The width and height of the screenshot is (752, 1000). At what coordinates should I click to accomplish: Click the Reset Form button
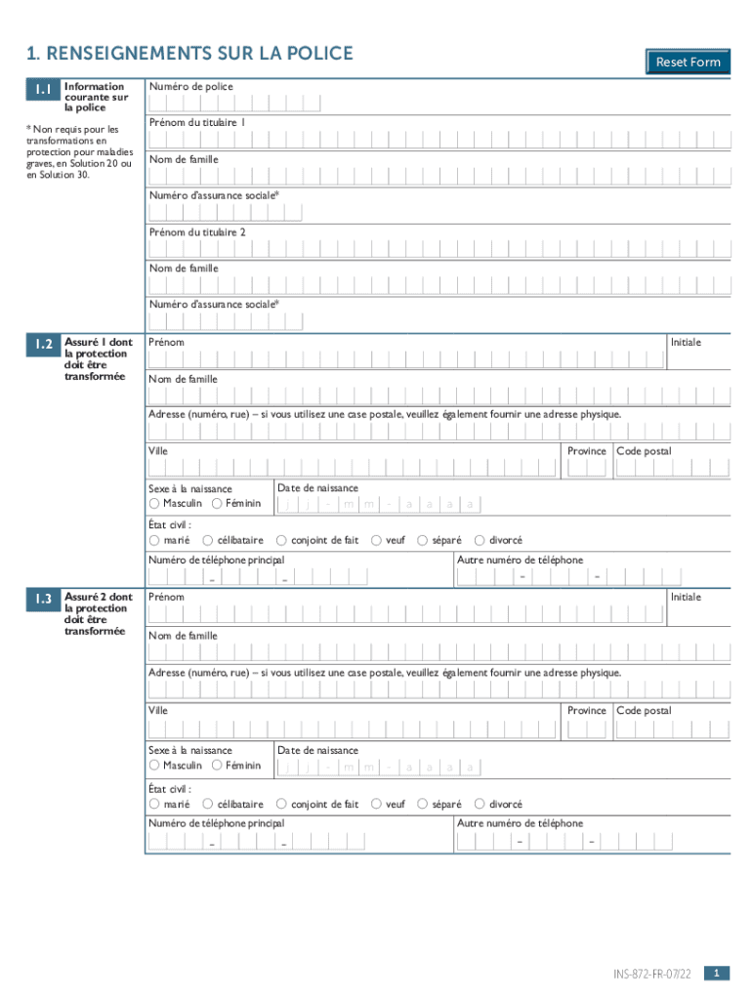coord(688,62)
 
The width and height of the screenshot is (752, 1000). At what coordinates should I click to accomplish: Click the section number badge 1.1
coord(43,90)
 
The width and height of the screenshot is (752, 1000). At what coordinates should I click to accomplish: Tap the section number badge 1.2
coord(43,345)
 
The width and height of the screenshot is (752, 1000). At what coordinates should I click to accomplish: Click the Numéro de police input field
coord(225,104)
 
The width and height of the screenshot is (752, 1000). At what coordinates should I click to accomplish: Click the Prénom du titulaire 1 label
coord(197,123)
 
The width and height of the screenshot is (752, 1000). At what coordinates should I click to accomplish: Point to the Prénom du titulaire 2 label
coord(197,231)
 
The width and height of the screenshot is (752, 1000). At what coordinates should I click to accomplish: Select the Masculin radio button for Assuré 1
coord(154,504)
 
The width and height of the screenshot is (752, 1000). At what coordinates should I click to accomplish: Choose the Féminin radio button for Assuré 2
coord(217,766)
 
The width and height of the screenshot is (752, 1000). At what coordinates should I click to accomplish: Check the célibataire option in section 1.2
coord(208,540)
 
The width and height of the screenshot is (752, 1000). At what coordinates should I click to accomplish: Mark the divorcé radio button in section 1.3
coord(480,804)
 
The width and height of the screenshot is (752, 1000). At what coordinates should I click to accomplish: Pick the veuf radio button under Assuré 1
coord(377,540)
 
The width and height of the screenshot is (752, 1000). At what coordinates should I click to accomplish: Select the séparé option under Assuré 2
coord(423,804)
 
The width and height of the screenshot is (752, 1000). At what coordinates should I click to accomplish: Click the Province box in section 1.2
coord(587,469)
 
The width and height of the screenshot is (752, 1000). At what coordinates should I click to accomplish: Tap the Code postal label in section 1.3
coord(644,711)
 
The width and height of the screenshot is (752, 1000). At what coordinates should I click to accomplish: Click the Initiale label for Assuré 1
coord(685,342)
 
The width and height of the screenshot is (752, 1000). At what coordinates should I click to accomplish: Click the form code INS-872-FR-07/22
coord(652,974)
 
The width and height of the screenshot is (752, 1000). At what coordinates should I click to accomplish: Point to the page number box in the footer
coord(717,973)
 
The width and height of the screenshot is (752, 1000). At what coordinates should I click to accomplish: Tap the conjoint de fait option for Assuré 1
coord(282,540)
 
